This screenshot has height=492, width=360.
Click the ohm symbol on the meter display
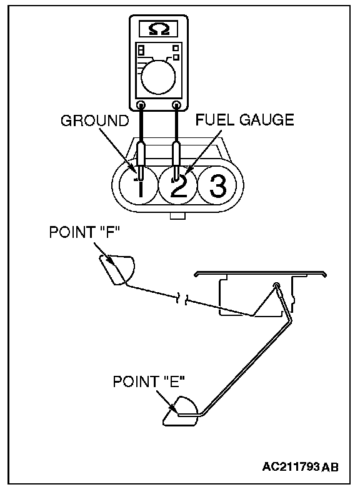click(x=159, y=29)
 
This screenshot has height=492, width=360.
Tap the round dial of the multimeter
click(x=158, y=77)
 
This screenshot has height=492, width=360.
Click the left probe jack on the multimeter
click(x=141, y=104)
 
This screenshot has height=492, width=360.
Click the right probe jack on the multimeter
click(x=177, y=104)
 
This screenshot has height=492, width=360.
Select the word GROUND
click(x=95, y=121)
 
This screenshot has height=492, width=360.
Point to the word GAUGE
click(x=267, y=120)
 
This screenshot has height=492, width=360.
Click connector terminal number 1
click(x=139, y=186)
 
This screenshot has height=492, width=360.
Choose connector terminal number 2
click(x=177, y=186)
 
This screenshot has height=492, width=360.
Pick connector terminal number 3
click(x=217, y=186)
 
